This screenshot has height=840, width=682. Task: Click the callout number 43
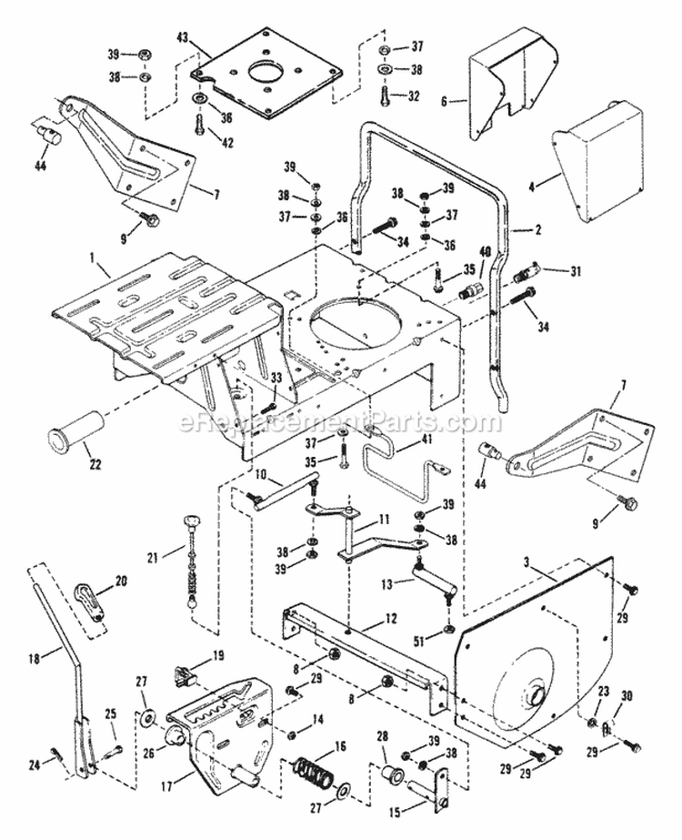182,37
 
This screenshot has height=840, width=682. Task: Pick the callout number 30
626,695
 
